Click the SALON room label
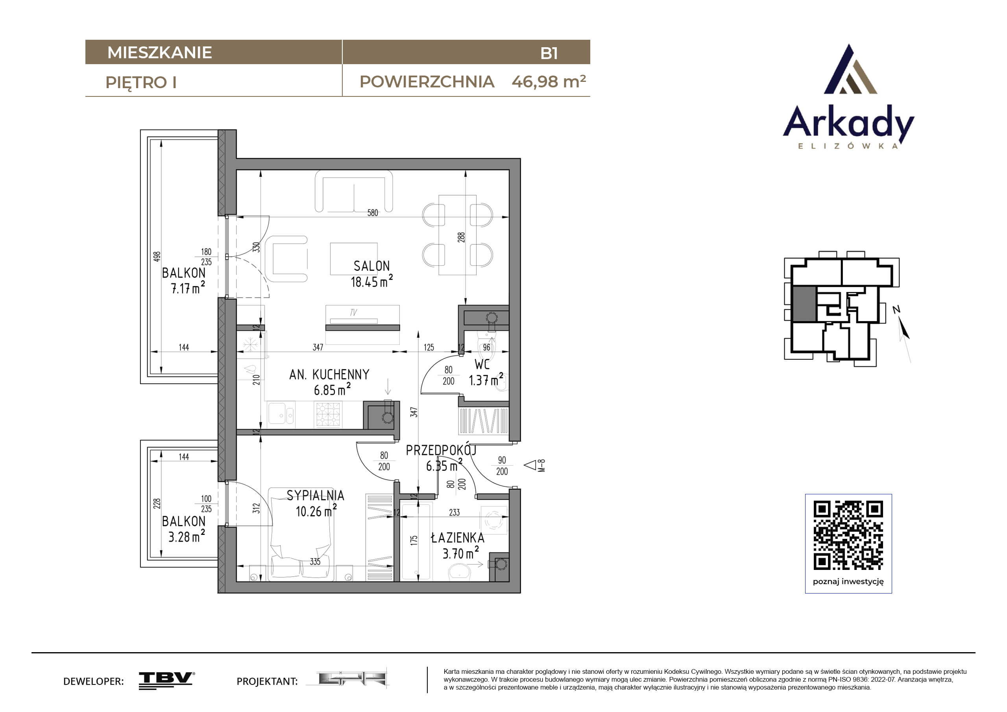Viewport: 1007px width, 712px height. pos(371,266)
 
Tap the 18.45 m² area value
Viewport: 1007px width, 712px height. pos(371,281)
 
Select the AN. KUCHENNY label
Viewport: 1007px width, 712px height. pos(329,374)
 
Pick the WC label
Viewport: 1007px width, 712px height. pos(482,364)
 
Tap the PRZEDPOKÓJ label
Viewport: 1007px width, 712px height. pos(441,450)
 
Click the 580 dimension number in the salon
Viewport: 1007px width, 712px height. pos(372,213)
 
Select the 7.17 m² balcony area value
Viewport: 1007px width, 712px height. pos(188,288)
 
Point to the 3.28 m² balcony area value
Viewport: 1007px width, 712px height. pos(187,536)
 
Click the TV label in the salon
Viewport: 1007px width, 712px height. pos(353,313)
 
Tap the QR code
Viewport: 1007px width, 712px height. pos(848,535)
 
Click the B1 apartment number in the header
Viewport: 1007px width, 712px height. pos(549,53)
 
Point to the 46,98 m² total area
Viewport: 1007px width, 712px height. pos(549,81)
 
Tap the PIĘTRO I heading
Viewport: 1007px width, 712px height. pos(141,83)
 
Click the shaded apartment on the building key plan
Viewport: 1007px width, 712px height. pos(804,304)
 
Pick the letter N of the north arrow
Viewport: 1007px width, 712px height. pos(896,309)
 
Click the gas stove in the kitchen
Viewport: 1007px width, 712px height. pos(328,414)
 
